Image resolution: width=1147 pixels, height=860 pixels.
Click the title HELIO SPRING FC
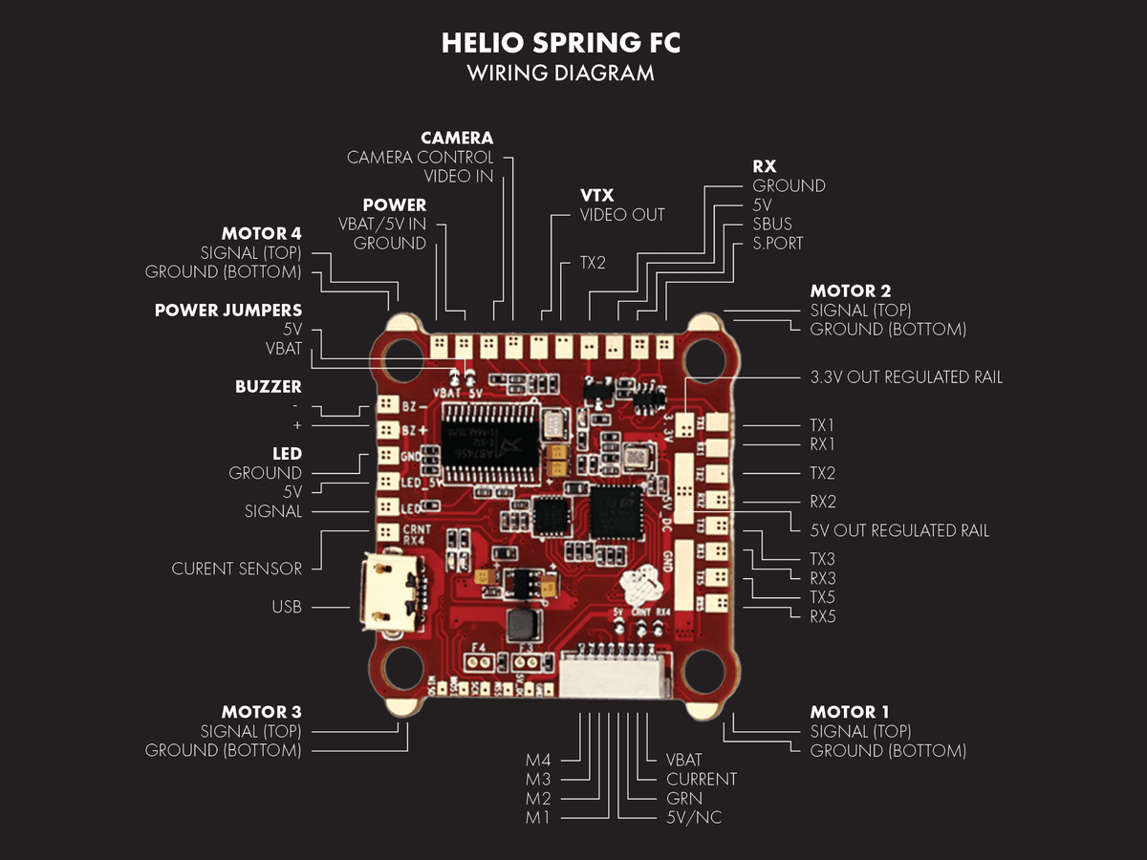coord(561,43)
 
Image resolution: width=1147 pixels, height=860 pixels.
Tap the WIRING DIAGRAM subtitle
coord(561,73)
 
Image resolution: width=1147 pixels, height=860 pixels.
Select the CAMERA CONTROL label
coord(420,157)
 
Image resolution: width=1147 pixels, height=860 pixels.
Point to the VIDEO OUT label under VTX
coord(622,215)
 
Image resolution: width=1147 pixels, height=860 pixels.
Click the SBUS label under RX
coord(772,224)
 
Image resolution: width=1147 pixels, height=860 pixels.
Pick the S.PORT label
coord(778,243)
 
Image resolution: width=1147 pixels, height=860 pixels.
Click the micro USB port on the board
coord(387,589)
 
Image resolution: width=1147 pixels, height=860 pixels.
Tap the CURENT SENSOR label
coord(236,569)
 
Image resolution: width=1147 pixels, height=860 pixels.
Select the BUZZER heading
coord(268,387)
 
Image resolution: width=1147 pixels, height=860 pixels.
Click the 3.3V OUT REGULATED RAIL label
coord(906,377)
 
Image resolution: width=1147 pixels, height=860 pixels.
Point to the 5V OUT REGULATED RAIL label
coord(899,530)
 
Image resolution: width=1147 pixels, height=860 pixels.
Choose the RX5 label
coord(823,616)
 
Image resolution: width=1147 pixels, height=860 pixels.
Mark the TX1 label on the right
coord(823,425)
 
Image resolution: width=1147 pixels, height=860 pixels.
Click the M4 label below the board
coord(537,761)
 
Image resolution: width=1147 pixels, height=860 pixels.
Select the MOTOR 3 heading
coord(261,712)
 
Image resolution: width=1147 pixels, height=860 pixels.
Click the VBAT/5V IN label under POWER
coord(382,225)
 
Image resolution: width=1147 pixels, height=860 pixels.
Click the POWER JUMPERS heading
coord(228,311)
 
